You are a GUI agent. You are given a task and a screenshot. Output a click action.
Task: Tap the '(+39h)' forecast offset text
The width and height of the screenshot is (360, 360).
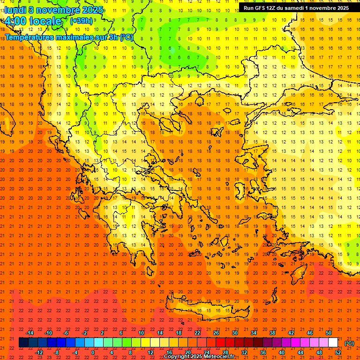[81, 21]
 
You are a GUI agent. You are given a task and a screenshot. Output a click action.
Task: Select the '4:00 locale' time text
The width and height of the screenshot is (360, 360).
[33, 22]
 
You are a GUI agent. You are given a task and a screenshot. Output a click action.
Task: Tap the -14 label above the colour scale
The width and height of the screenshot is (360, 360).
[30, 333]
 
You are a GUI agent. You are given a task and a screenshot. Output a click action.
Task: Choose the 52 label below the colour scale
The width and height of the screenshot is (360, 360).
[338, 352]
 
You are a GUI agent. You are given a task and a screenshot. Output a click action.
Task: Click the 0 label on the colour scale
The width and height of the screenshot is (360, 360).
[93, 352]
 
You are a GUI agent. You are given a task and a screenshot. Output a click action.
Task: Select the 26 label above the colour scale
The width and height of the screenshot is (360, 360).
[216, 333]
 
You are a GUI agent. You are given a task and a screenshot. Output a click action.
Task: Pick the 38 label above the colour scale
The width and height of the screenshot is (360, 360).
[272, 333]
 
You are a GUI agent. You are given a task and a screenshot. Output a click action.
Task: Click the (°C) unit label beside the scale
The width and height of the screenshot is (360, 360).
[349, 343]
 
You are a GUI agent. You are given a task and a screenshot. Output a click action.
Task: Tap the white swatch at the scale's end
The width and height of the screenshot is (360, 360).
[333, 343]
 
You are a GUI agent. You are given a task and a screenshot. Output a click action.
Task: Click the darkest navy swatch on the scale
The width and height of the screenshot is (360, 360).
[23, 343]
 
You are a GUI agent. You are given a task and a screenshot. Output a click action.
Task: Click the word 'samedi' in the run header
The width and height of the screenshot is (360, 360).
[296, 8]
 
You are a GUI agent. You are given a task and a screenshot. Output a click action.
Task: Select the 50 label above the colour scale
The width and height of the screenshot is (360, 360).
[329, 333]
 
